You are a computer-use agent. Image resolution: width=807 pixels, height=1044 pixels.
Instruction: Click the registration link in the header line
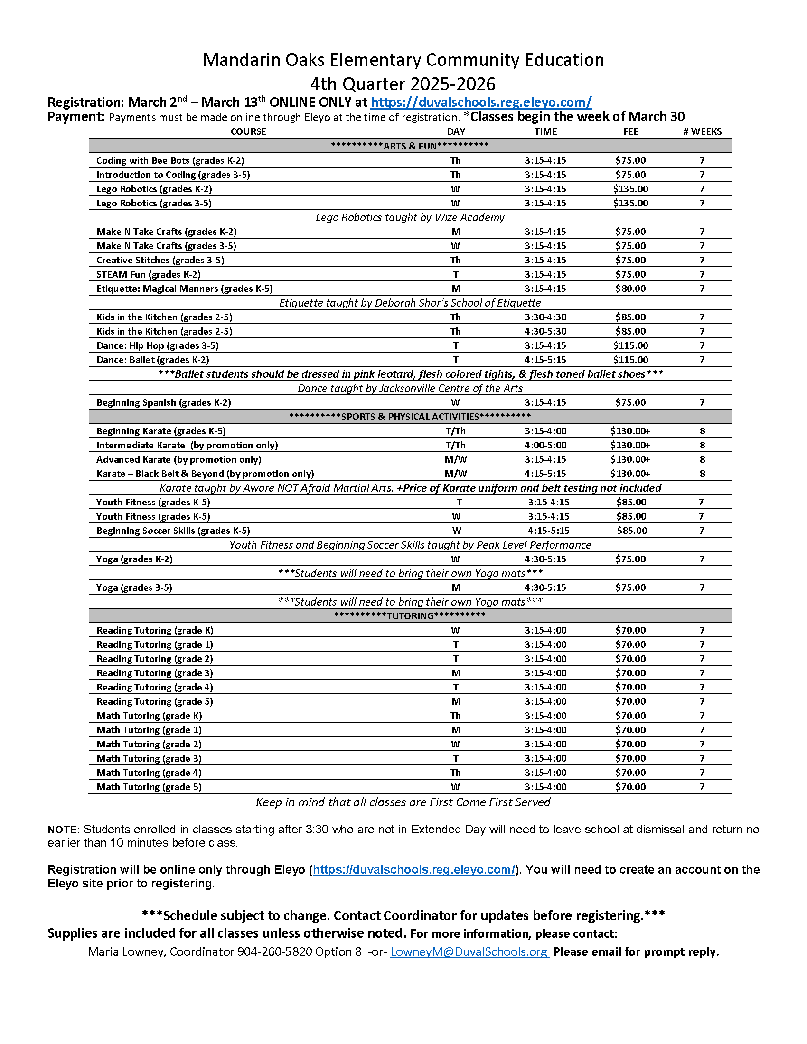[x=480, y=103]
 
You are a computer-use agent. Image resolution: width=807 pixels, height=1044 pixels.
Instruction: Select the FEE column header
[x=630, y=131]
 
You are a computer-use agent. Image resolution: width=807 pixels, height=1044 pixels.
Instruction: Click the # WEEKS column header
[x=702, y=131]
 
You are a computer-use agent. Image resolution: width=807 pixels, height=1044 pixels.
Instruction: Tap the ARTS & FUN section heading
[x=410, y=146]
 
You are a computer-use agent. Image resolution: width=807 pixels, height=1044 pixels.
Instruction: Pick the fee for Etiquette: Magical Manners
[x=630, y=289]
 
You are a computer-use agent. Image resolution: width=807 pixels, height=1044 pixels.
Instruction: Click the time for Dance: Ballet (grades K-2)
[x=545, y=360]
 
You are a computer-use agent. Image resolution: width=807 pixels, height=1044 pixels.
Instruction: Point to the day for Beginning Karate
[x=455, y=431]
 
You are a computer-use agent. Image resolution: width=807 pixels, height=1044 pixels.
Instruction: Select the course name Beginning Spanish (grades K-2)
[x=163, y=402]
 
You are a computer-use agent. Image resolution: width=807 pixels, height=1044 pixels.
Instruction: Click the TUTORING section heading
[x=410, y=615]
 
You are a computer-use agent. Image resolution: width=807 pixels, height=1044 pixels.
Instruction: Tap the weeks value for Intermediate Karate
[x=702, y=446]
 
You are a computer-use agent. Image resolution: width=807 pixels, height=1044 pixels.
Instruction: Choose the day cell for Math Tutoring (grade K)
[x=455, y=716]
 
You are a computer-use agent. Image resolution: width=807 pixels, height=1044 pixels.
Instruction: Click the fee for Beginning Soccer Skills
[x=631, y=531]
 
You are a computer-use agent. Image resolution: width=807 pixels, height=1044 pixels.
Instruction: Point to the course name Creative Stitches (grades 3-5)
[x=160, y=260]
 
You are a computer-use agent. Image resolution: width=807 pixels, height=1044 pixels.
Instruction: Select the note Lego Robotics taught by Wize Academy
[x=410, y=217]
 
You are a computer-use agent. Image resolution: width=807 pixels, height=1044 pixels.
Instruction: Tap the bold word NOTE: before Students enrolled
[x=64, y=830]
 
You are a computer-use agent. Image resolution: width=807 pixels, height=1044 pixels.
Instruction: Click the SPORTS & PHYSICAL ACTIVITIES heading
[x=410, y=417]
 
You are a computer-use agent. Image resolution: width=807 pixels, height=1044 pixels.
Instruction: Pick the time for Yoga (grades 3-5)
[x=545, y=587]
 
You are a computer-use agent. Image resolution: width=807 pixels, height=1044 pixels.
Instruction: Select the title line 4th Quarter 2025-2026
[x=403, y=84]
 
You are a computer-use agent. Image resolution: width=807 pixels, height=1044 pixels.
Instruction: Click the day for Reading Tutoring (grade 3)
[x=455, y=673]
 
